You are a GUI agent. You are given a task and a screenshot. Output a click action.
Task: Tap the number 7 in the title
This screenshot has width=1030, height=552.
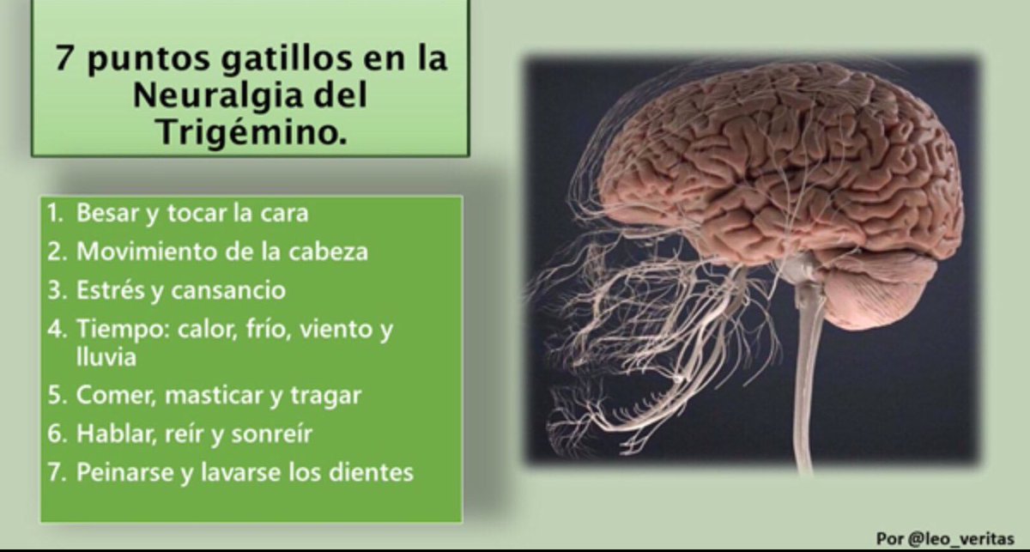point(64,60)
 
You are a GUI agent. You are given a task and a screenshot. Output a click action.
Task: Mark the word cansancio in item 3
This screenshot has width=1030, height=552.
point(229,290)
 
